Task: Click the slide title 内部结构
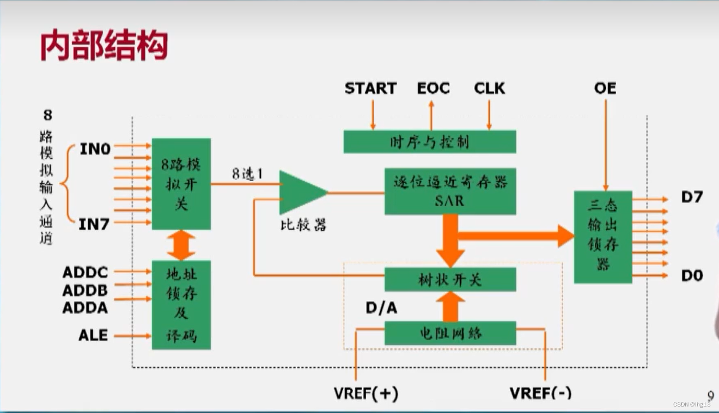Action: [x=103, y=46]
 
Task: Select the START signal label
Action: [x=370, y=88]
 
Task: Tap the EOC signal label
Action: [x=433, y=88]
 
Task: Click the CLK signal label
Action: [x=489, y=88]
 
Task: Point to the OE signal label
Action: [x=605, y=88]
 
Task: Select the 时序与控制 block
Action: [x=429, y=142]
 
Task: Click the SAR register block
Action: [x=450, y=191]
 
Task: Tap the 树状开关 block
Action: [x=450, y=280]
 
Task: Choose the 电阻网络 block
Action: [x=450, y=333]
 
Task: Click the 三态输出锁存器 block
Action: [x=603, y=237]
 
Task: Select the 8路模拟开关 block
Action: [x=181, y=184]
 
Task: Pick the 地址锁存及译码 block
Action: [x=181, y=305]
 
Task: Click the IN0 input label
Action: [x=95, y=149]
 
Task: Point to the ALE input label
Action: [x=93, y=335]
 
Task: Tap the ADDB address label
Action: [x=85, y=290]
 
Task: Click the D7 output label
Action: [x=692, y=197]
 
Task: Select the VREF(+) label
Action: [x=365, y=393]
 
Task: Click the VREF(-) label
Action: [x=540, y=393]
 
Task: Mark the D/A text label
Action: [x=381, y=308]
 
